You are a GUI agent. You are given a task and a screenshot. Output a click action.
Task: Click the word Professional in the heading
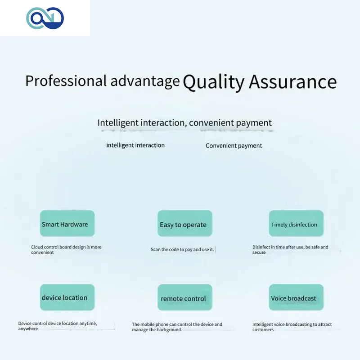click(66, 81)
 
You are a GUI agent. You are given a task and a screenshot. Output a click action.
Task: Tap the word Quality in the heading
click(213, 82)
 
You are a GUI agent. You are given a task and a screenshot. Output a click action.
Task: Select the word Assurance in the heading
click(293, 82)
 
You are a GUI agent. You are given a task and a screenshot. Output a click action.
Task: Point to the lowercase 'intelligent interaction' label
click(135, 145)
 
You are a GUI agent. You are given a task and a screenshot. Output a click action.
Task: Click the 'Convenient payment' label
click(234, 146)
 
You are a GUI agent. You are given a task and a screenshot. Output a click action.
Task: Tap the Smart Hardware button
click(67, 223)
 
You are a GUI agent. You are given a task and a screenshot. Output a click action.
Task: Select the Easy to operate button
click(185, 223)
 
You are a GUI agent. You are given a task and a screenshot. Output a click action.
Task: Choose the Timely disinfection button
click(296, 223)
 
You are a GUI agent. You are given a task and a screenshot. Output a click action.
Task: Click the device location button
click(67, 297)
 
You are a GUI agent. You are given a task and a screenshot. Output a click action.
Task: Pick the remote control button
click(185, 297)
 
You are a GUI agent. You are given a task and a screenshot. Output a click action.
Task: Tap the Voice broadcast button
click(296, 297)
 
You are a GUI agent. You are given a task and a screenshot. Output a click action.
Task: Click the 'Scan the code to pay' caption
click(182, 250)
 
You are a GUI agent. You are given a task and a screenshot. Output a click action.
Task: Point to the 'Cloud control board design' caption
click(66, 250)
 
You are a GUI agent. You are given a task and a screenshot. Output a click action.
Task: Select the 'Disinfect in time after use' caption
click(290, 250)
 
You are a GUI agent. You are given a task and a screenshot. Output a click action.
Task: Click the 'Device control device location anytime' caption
click(58, 326)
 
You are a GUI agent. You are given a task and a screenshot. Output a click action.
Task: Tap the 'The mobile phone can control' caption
click(177, 327)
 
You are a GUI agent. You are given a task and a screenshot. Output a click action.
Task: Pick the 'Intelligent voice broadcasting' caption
click(292, 327)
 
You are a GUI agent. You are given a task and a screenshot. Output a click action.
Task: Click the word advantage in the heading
click(145, 81)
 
